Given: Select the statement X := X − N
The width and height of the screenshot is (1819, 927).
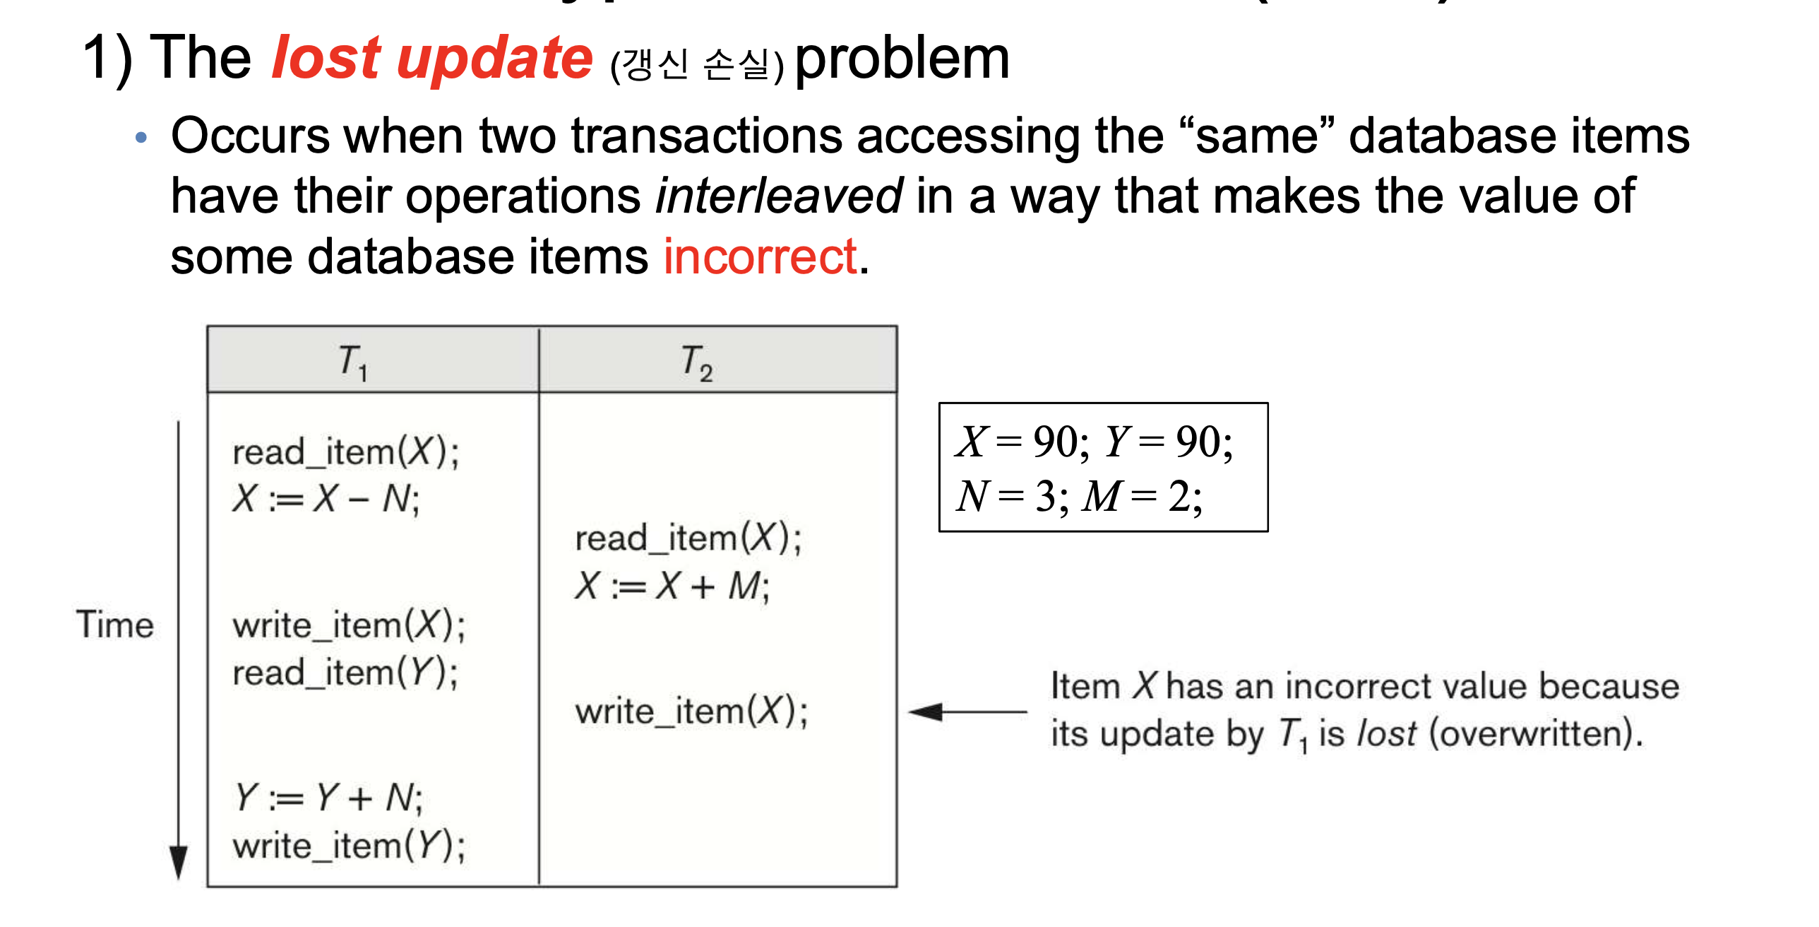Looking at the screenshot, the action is [326, 499].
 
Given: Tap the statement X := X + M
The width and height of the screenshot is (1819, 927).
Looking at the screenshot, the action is [672, 586].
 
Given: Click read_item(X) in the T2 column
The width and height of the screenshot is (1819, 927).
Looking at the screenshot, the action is [688, 538].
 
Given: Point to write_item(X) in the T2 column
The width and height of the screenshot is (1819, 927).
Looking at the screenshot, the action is [691, 711].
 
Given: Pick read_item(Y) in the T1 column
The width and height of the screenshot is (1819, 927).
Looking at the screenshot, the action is [345, 672].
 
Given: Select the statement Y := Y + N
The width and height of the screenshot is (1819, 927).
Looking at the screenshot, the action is [328, 798].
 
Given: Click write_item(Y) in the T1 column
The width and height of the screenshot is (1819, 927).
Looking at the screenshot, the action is [349, 845].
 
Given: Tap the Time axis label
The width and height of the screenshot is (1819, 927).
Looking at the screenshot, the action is [115, 625].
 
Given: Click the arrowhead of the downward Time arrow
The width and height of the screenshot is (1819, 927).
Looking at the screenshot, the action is [179, 863].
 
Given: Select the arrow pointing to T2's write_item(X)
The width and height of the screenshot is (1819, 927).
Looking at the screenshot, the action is [967, 712].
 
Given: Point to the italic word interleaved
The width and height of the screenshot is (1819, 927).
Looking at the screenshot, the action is [779, 196].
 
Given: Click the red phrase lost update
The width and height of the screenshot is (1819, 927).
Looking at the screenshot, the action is [432, 58].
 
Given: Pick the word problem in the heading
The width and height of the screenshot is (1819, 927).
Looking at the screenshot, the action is [902, 61].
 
